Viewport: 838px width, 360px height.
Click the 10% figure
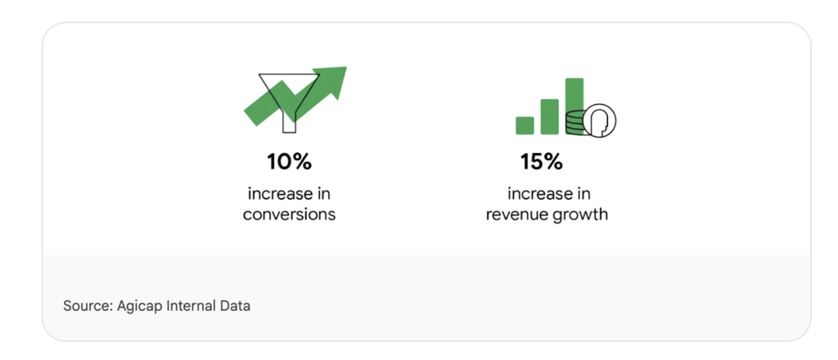point(289,161)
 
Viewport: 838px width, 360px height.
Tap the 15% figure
point(542,161)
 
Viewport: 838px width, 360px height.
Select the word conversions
point(289,214)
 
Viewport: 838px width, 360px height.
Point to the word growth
point(582,215)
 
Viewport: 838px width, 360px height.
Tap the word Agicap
point(137,307)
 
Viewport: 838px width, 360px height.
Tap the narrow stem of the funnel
point(289,123)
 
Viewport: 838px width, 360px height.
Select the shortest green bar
point(525,125)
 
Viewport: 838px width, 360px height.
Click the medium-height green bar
point(549,116)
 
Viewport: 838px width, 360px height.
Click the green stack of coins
point(575,122)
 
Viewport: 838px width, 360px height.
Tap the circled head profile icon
point(599,120)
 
